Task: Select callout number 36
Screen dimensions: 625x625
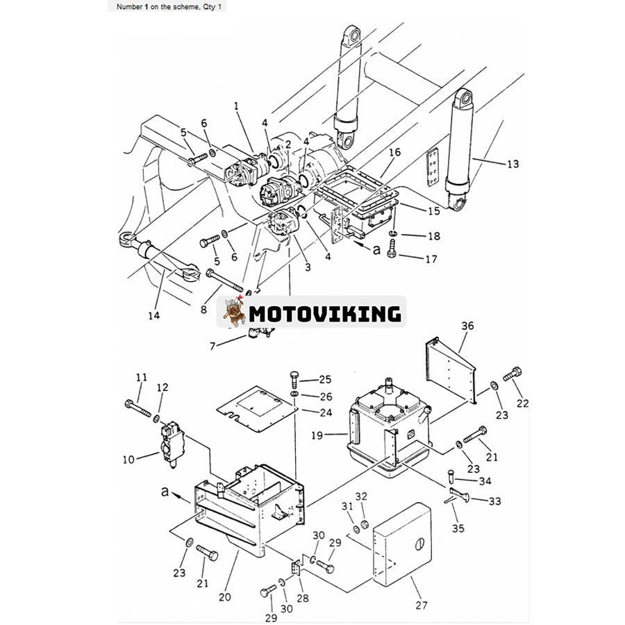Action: point(467,326)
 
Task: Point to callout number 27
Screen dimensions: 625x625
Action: point(422,604)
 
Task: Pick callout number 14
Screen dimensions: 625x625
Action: point(153,316)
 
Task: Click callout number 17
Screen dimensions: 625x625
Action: point(432,259)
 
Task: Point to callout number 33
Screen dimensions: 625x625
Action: point(495,501)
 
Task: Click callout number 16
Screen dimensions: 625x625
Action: point(394,152)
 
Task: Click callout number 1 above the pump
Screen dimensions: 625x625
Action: point(236,106)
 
